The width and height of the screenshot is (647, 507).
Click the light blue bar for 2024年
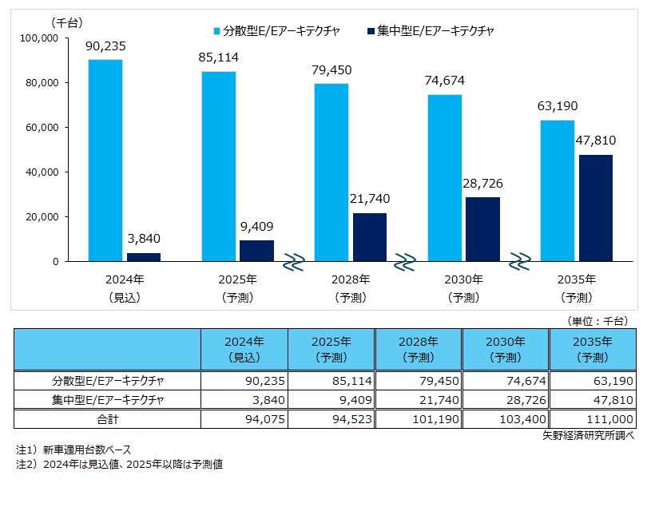pos(105,160)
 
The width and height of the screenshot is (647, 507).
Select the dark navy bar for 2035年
pos(596,208)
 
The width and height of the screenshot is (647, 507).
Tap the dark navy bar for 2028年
pos(369,237)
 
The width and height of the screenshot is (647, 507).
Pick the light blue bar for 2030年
pos(446,178)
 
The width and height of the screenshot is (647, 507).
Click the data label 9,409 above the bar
pos(256,226)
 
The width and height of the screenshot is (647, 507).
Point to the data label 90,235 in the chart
pos(105,46)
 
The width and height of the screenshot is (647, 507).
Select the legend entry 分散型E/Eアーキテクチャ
pos(276,30)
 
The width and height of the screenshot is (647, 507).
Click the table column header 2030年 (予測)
pos(506,349)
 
